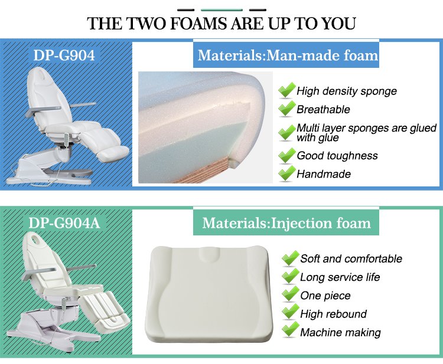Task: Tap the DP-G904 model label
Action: tap(64, 55)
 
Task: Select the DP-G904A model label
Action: tap(64, 223)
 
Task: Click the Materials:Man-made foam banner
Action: tap(286, 55)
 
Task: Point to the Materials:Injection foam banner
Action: tap(286, 223)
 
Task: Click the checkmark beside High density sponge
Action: tap(286, 90)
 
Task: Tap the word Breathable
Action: tap(323, 110)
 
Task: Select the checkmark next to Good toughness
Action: tap(286, 155)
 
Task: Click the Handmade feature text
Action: tap(324, 174)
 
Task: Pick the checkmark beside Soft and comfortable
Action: tap(290, 258)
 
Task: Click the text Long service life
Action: tap(340, 277)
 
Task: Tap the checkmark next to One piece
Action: tap(290, 294)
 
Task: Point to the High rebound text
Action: tap(333, 314)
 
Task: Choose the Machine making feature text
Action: tap(340, 332)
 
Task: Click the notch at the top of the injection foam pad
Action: tap(209, 253)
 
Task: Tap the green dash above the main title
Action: tap(221, 10)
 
